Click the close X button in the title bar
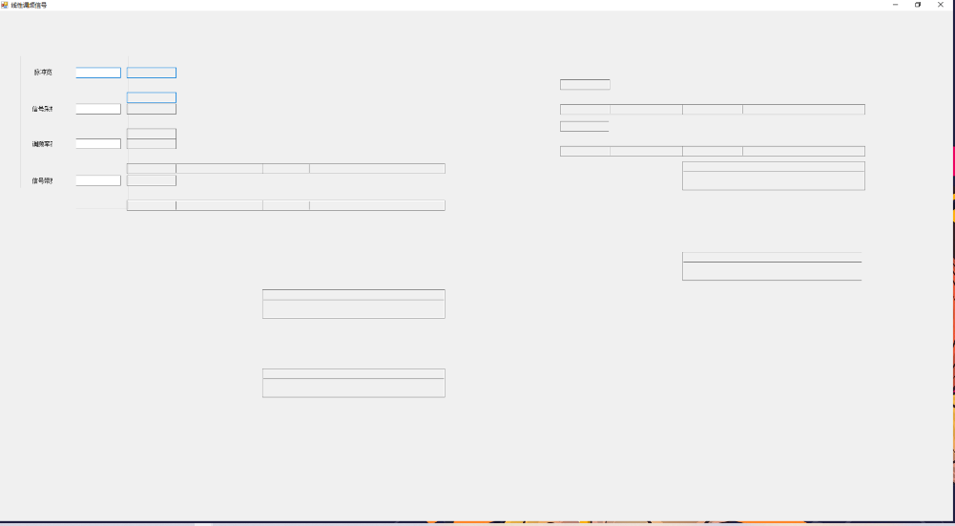coord(940,5)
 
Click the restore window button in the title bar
coord(918,5)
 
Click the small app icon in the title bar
coord(5,5)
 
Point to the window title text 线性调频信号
coord(29,6)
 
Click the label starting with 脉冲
coord(43,73)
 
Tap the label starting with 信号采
coord(43,109)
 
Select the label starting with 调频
coord(43,144)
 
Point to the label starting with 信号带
coord(43,180)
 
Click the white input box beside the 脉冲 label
coord(98,73)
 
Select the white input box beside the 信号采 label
coord(98,109)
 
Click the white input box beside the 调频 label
coord(98,144)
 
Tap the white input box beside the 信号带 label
coord(98,180)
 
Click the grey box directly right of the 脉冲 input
coord(152,73)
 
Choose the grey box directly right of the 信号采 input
coord(152,109)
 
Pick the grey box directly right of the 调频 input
coord(152,144)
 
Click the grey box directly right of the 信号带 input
coord(152,180)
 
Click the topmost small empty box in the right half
coord(585,84)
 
